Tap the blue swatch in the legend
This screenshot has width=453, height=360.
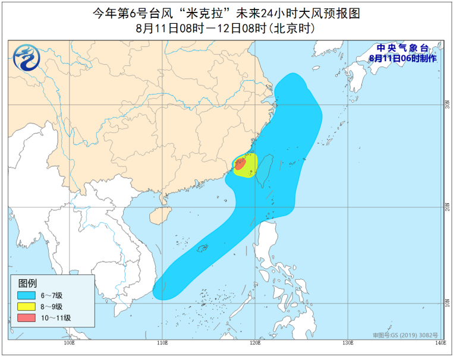pyautogui.click(x=26, y=295)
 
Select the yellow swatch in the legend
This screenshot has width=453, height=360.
pyautogui.click(x=26, y=307)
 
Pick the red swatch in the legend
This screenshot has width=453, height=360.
pyautogui.click(x=26, y=318)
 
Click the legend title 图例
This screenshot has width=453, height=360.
pyautogui.click(x=28, y=283)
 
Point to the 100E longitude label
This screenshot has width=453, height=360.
pyautogui.click(x=68, y=343)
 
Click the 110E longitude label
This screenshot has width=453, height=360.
pyautogui.click(x=162, y=343)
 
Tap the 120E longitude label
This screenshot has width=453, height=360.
pyautogui.click(x=255, y=343)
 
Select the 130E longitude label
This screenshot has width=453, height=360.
pyautogui.click(x=348, y=343)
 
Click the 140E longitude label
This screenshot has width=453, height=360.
pyautogui.click(x=439, y=343)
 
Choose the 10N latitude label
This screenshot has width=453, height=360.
pyautogui.click(x=446, y=302)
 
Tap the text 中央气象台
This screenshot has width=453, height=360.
pyautogui.click(x=402, y=49)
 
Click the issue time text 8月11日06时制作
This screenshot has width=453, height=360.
pyautogui.click(x=402, y=58)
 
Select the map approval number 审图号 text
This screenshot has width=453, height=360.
pyautogui.click(x=405, y=336)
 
